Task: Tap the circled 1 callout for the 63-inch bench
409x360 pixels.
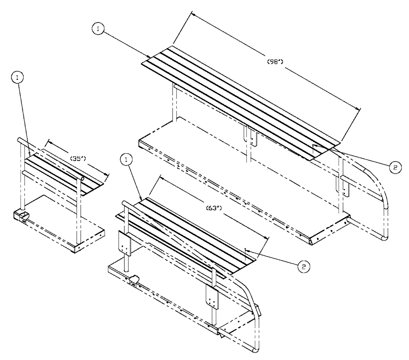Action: tap(128, 160)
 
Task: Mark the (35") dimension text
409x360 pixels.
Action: tap(78, 158)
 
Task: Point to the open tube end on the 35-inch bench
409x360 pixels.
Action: tap(82, 179)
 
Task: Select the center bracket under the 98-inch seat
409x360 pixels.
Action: tap(250, 135)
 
